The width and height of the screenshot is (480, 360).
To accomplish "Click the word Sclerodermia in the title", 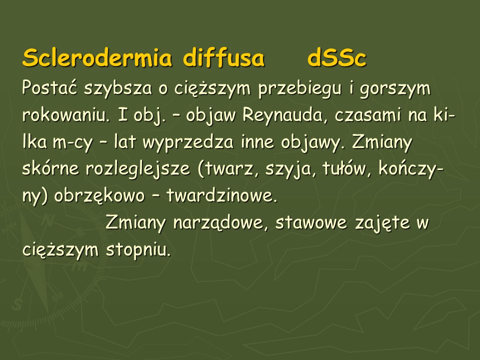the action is [97, 58].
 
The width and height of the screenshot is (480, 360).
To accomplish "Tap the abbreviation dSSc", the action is [336, 58].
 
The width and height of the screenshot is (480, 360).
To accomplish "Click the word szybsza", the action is [118, 89].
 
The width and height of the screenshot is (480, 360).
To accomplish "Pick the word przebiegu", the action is [300, 89].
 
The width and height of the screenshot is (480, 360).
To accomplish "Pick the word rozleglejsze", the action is [138, 170].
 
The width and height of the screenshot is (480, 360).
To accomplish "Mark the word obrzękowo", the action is [99, 196].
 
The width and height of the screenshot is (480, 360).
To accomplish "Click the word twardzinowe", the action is [221, 195].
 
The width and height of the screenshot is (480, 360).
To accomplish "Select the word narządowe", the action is [218, 223].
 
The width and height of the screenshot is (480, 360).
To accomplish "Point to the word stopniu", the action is [138, 250].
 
